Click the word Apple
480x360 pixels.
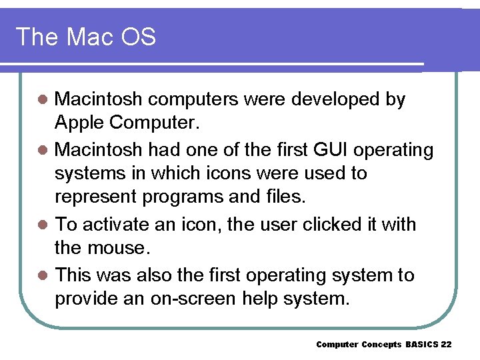79,123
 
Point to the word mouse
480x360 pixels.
118,249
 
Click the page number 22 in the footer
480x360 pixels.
447,344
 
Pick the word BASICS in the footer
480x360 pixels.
418,344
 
